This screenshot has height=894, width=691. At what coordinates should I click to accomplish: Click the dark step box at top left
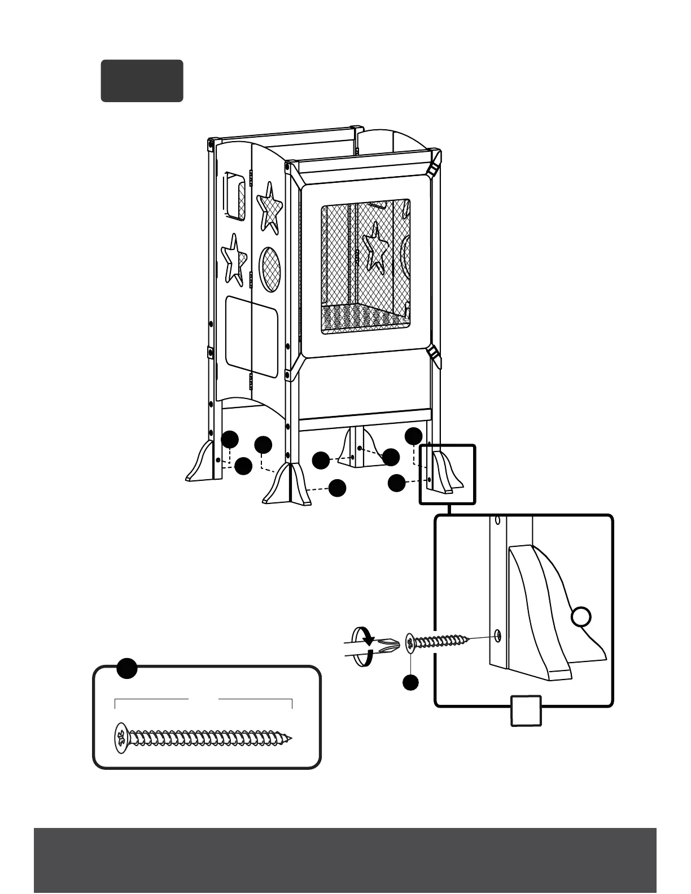click(142, 81)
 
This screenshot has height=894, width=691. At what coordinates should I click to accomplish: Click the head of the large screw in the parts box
click(121, 738)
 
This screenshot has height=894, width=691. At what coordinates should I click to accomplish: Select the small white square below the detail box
click(526, 710)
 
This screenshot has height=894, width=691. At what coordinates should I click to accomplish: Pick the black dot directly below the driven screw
click(410, 682)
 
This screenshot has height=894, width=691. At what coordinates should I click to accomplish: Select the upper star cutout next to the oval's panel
click(270, 207)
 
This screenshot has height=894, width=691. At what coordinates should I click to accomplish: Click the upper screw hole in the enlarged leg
click(497, 519)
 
